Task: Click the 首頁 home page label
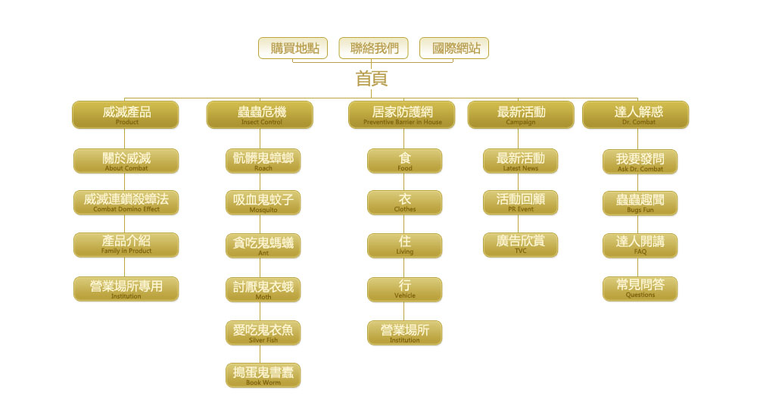point(372,78)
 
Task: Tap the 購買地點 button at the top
point(294,48)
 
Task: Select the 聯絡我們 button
point(374,48)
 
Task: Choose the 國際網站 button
point(454,48)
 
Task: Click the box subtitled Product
point(126,114)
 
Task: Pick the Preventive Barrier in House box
point(402,114)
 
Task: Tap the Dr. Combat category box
point(636,114)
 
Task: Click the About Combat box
point(126,161)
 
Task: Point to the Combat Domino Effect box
point(126,202)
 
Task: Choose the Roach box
point(263,161)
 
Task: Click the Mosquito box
point(263,202)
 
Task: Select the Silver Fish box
point(263,333)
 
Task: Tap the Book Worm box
point(263,375)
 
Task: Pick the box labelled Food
point(405,161)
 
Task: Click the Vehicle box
point(405,289)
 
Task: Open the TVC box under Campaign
point(520,244)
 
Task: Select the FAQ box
point(640,245)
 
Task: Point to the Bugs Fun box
point(640,202)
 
